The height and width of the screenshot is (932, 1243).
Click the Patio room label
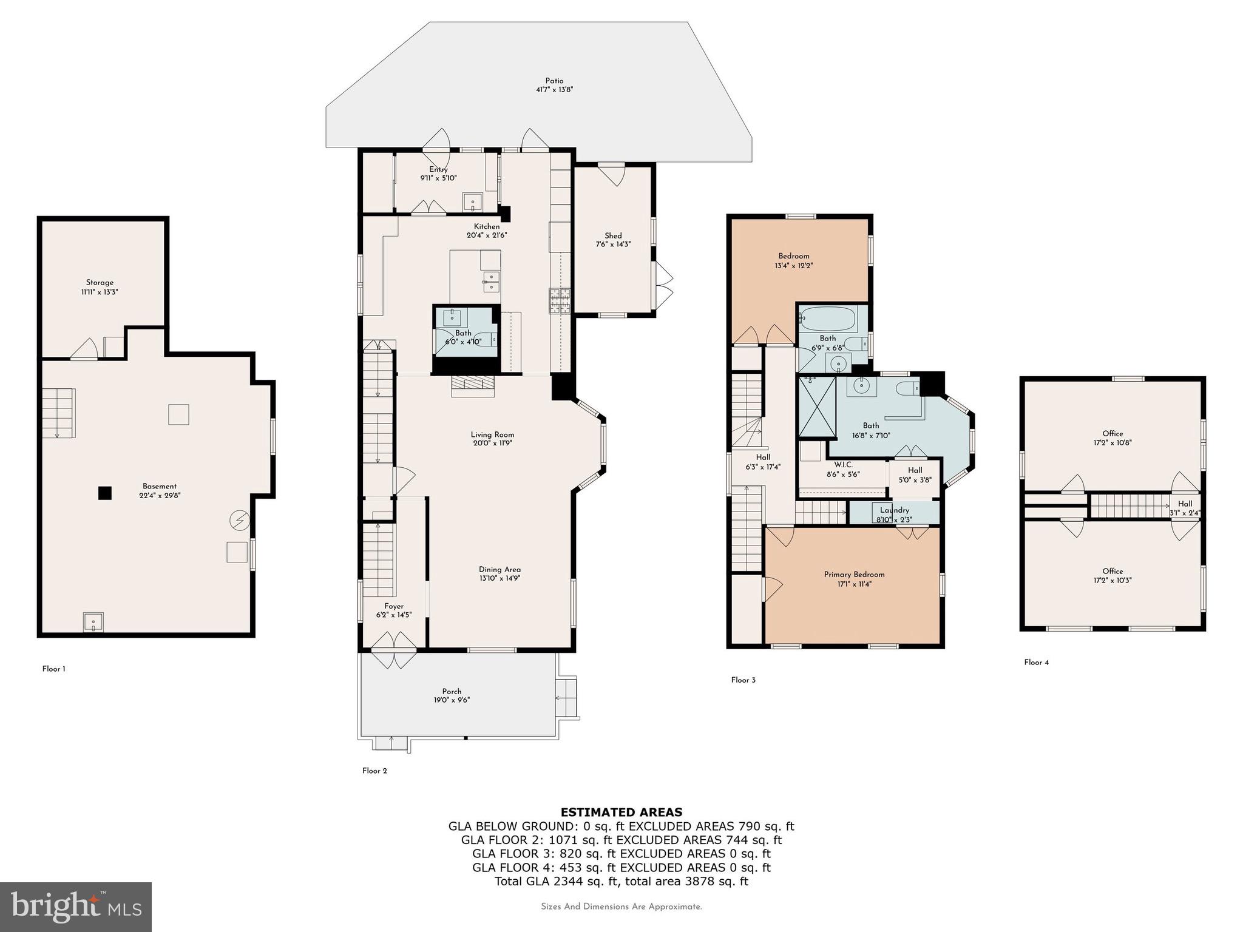coord(554,81)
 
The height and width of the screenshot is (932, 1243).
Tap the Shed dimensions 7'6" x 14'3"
coord(612,245)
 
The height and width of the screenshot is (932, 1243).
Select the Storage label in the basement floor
coord(100,282)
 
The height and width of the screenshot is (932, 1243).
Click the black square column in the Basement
coord(105,493)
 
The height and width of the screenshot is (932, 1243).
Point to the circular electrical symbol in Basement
coord(239,520)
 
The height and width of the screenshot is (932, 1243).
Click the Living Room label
coord(492,434)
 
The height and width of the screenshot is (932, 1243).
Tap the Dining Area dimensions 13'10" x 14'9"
coord(499,578)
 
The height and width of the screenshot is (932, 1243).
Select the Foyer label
coord(394,606)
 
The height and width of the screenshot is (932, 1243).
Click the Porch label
coord(452,691)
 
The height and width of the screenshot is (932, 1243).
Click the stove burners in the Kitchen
coord(560,300)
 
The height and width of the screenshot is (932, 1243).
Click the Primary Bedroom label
coord(854,575)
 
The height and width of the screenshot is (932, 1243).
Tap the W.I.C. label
coord(843,465)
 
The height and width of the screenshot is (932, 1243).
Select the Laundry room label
coord(895,510)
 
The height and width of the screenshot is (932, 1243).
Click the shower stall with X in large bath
coord(817,407)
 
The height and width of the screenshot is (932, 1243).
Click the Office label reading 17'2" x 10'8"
coord(1113,442)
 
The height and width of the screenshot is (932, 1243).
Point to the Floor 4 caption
coord(1036,662)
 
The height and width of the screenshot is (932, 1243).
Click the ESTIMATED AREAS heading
coord(621,812)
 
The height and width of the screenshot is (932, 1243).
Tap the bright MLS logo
coord(76,907)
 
